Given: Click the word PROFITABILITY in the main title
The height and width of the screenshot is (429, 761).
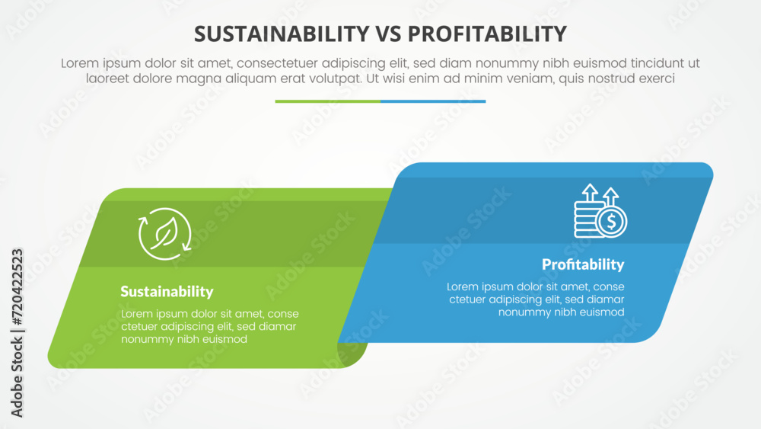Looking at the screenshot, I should tap(487, 34).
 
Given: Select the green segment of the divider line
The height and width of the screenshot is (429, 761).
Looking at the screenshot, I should tap(328, 101).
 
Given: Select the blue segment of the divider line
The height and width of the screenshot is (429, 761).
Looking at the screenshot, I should tap(433, 101).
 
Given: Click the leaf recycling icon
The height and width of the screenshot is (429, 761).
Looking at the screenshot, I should tap(165, 232).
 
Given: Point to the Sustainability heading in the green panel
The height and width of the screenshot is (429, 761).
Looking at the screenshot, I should tap(167, 292).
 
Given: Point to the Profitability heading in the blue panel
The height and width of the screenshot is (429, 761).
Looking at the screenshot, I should tap(583, 264).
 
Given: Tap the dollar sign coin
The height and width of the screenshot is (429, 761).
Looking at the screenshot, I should tap(612, 223).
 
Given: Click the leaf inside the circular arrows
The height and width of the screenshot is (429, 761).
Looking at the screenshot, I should tap(165, 232).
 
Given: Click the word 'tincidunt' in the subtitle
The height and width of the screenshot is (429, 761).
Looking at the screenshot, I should tap(651, 63).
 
